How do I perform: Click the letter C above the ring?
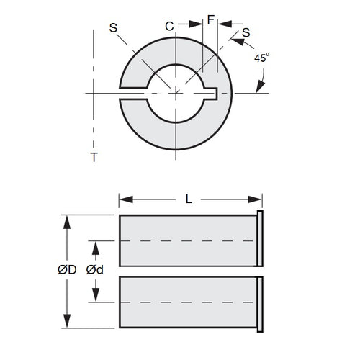[169, 27]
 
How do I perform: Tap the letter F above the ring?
[210, 21]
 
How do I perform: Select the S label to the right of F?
[246, 32]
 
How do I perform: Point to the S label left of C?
[112, 28]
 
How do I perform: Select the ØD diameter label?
[68, 270]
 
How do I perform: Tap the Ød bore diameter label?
[94, 270]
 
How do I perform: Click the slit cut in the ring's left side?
[131, 92]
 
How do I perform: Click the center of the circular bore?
[176, 92]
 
